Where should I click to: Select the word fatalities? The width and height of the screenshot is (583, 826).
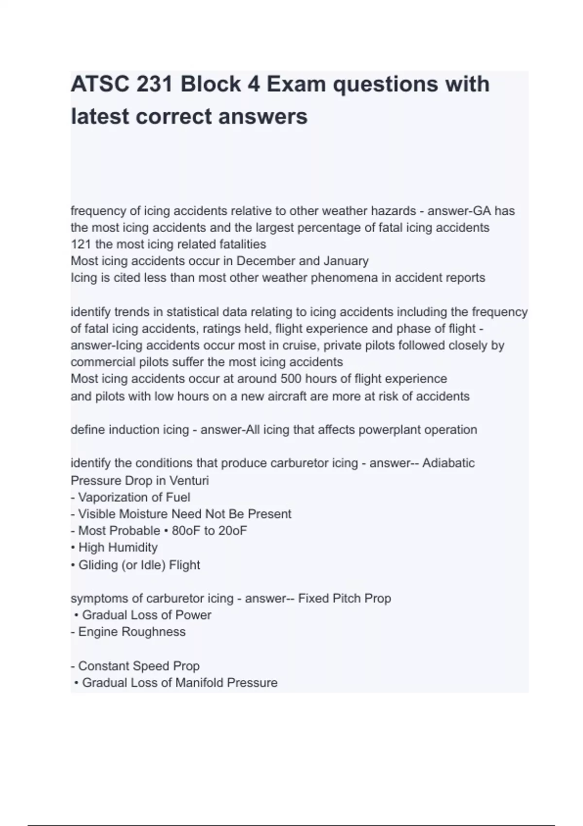click(x=240, y=244)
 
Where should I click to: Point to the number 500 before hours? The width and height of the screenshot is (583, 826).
click(x=291, y=379)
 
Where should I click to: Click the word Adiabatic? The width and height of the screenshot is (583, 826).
click(x=448, y=463)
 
